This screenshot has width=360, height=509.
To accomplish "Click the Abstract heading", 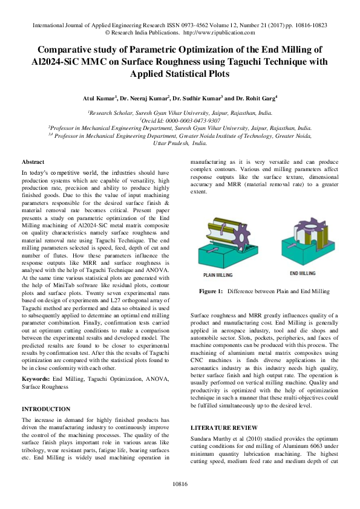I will pos(33,163).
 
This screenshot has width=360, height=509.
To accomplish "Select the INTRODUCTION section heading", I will pos(46,409).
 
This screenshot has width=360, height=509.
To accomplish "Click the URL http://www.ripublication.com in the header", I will pos(218,34).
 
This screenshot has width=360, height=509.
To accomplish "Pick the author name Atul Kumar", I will pos(98,97).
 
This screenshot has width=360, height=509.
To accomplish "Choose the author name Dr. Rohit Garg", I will pos(255,97).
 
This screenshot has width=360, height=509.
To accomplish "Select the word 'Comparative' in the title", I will pos(70,50).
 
